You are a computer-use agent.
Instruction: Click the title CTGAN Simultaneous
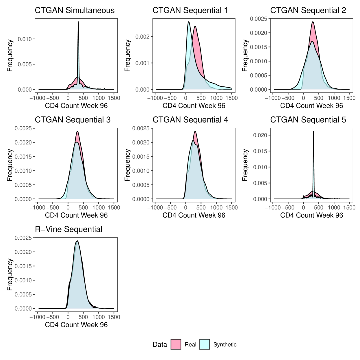click(x=75, y=11)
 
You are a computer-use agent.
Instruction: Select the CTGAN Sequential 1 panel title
click(x=190, y=11)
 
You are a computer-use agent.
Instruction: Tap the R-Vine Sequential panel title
click(x=68, y=229)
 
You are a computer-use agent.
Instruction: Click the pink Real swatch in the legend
click(x=176, y=344)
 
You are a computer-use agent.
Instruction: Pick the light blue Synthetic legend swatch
click(x=205, y=344)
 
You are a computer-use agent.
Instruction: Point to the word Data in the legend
click(x=160, y=345)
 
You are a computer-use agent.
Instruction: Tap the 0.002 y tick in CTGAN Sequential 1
click(x=142, y=37)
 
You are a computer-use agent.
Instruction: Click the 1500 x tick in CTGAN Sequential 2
click(x=349, y=98)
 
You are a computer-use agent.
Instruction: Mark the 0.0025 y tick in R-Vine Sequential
click(x=23, y=238)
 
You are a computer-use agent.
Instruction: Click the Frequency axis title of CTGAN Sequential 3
click(x=10, y=165)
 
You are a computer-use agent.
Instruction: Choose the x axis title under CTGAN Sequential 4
click(x=194, y=215)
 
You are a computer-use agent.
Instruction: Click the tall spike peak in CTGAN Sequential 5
click(x=313, y=132)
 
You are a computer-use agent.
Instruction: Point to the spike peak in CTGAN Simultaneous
click(x=78, y=22)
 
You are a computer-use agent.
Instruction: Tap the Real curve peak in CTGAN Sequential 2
click(x=313, y=22)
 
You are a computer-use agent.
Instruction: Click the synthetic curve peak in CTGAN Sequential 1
click(x=189, y=22)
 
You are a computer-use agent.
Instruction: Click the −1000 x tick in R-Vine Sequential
click(x=38, y=317)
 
